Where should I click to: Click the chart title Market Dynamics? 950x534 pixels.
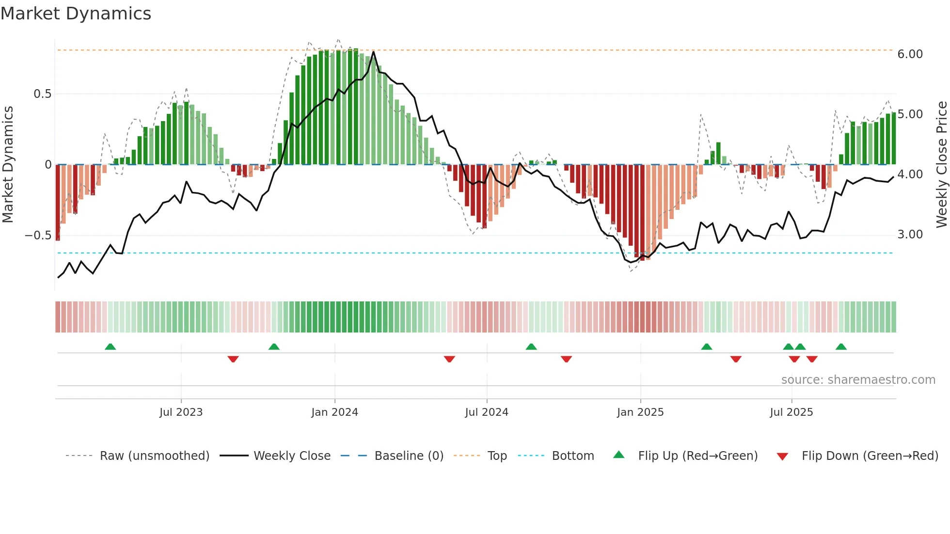coord(76,14)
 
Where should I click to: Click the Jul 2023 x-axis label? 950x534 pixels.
coord(181,412)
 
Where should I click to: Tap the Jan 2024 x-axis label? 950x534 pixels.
coord(334,412)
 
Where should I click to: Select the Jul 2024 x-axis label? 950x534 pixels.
coord(487,412)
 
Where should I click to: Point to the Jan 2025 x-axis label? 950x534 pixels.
coord(640,412)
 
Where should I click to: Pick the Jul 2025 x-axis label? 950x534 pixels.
coord(791,412)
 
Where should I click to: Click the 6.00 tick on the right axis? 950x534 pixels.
coord(910,54)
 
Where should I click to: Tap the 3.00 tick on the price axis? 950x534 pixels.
coord(910,235)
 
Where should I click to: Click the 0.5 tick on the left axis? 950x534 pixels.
coord(42,94)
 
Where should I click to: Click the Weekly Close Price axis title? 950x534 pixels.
coord(941,165)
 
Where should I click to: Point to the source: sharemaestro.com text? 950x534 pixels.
coord(858,380)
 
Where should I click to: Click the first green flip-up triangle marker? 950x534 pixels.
coord(111,346)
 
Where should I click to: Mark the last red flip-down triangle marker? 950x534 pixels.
coord(812,359)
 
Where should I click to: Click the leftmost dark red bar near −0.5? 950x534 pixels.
coord(58,203)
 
